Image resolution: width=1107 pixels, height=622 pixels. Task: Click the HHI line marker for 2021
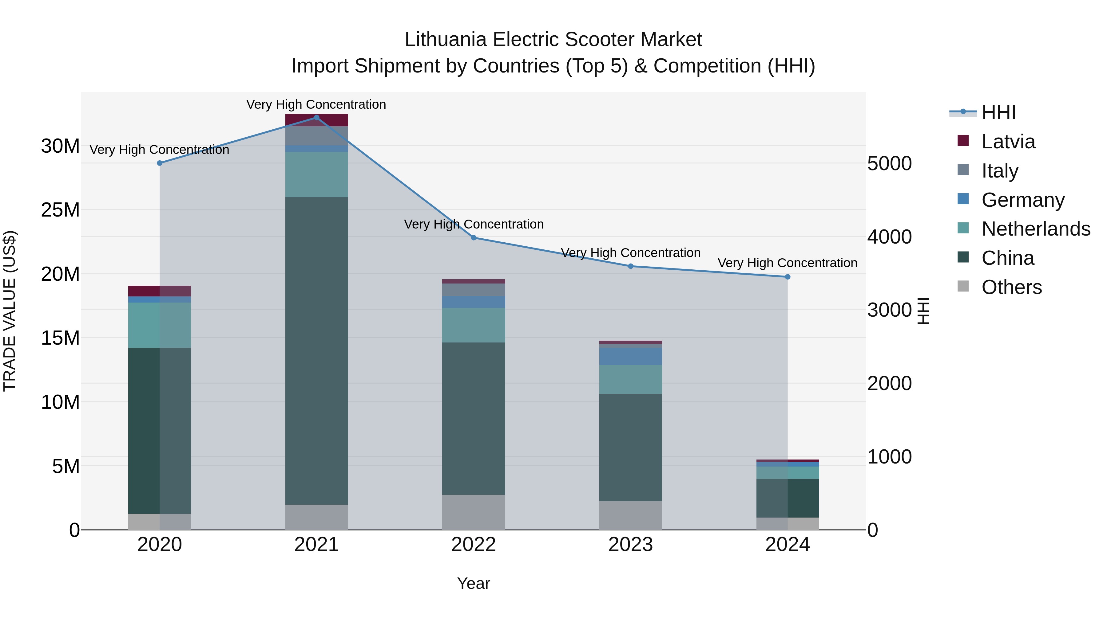click(317, 117)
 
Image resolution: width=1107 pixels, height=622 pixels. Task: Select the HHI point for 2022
click(474, 237)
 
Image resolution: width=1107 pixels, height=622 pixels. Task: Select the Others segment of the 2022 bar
click(474, 512)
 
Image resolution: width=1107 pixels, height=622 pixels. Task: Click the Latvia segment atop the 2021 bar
click(317, 120)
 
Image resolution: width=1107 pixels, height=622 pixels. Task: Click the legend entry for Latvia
click(1008, 142)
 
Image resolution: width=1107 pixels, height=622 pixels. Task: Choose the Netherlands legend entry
click(1036, 229)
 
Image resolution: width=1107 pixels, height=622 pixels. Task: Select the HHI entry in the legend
click(998, 112)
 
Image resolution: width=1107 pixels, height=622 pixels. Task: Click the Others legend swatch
click(963, 286)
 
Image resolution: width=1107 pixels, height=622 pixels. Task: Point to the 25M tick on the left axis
click(60, 210)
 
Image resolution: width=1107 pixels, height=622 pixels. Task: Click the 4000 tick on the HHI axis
click(889, 237)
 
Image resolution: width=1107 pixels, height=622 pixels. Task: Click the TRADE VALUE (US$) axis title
click(10, 311)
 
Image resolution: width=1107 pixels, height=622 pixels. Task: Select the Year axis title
click(474, 583)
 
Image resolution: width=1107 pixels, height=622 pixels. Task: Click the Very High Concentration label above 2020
click(159, 150)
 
